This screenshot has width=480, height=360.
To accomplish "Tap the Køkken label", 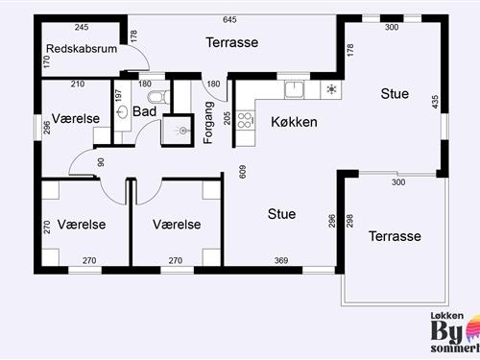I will point(294,123).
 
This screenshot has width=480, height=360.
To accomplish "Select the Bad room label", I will point(145,111).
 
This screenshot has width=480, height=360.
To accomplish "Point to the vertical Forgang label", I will point(208,123).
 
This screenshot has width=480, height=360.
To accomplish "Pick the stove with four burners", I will point(244,121).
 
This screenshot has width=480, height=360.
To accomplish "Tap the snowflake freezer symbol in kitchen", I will point(331,90).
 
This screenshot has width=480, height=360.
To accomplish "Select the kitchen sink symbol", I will point(293,90).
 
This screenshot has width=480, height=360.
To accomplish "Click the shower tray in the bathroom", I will point(179,131).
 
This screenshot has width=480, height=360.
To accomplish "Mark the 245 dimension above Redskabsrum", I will point(82,27).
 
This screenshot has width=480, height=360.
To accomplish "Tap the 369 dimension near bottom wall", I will point(281,260).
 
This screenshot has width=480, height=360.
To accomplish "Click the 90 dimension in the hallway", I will point(101,161).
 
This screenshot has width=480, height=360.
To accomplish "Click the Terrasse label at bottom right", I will point(396,236).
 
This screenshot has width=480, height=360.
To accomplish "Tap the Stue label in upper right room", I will point(395,94).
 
